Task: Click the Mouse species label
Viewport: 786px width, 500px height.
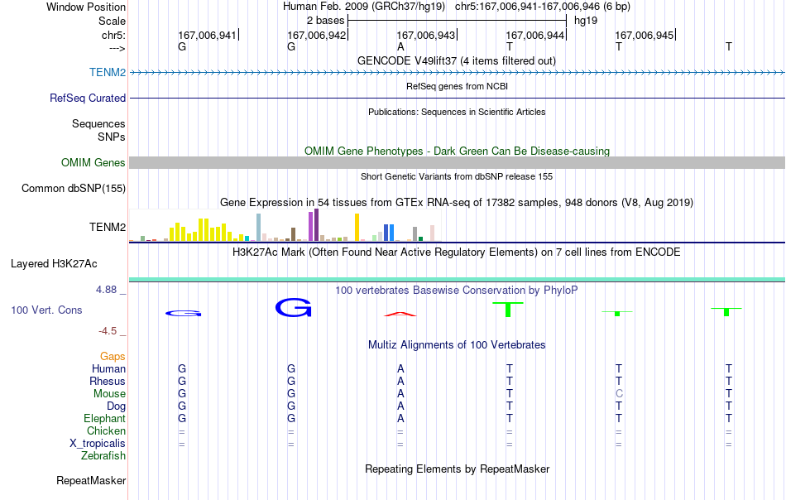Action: (109, 394)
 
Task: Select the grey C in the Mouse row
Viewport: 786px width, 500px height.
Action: (619, 394)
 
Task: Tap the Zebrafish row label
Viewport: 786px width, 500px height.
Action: (103, 456)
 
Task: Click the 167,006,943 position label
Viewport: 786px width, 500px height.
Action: (425, 35)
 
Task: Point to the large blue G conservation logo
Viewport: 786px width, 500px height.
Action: (293, 307)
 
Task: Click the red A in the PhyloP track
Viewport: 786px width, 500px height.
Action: (400, 314)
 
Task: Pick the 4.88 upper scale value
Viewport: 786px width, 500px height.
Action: (106, 290)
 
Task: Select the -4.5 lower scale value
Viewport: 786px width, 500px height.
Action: (108, 331)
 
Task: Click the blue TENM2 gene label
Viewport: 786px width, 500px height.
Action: (108, 72)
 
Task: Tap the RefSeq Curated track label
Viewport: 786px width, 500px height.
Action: (88, 98)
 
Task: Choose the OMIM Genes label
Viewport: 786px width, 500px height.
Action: (93, 162)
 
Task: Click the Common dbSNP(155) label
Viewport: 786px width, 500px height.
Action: (74, 189)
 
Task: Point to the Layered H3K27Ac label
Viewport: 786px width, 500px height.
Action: (54, 264)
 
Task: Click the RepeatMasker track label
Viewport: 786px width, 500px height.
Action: (91, 480)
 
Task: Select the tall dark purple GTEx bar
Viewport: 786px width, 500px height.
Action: (316, 225)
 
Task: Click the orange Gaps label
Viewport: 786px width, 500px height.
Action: (113, 356)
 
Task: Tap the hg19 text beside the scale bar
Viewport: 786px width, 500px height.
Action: (586, 21)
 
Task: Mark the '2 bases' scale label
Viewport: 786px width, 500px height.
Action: (326, 21)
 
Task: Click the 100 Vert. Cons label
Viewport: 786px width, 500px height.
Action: (46, 310)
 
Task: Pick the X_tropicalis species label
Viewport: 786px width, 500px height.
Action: (98, 444)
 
